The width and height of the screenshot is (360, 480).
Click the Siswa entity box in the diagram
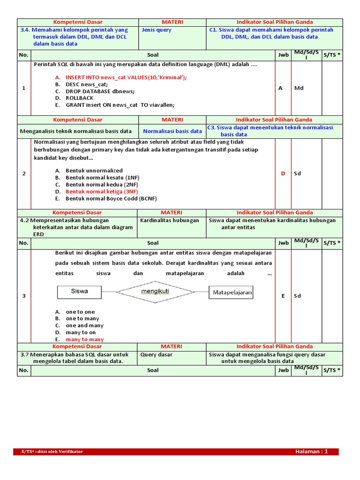coord(79,292)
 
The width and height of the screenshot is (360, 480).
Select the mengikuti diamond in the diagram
coord(155,292)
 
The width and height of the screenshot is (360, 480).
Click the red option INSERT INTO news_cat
coord(126,77)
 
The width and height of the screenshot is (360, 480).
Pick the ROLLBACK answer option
coord(79,98)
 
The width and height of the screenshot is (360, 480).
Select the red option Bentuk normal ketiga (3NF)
coord(102,191)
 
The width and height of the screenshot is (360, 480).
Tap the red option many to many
coord(85,339)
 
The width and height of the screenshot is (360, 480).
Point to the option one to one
coord(80,312)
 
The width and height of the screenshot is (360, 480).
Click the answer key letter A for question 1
coord(280,88)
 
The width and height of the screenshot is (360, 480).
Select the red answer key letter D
coord(283,173)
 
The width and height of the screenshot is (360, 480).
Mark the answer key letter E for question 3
coord(283,296)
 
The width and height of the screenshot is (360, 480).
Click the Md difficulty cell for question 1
coord(299,88)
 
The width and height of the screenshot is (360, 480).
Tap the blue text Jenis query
coord(157,30)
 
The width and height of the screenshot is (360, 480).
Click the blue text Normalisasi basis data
coord(172,131)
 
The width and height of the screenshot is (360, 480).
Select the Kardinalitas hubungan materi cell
coord(170,220)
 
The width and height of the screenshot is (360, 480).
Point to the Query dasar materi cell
coord(156,355)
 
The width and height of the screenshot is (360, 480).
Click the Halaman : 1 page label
coord(311,451)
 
